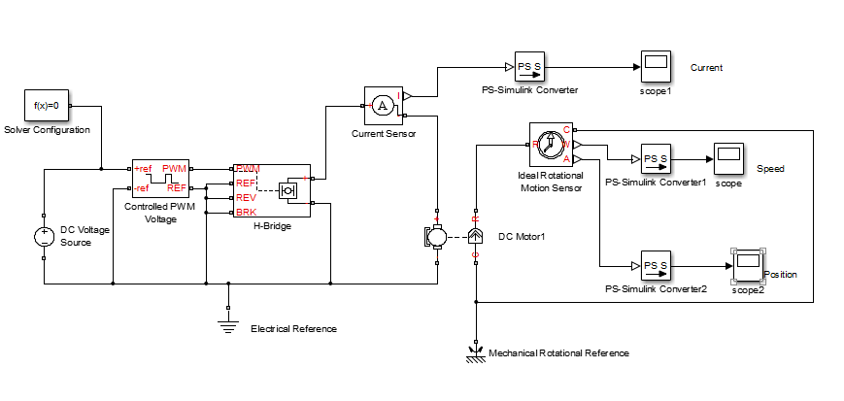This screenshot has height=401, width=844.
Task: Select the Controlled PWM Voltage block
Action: coord(159,179)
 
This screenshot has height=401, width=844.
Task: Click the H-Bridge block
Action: coord(271,189)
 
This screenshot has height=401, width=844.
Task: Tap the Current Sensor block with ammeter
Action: coord(383,105)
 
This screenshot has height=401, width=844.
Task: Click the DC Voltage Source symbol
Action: coord(44,235)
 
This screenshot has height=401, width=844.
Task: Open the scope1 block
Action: coord(656,67)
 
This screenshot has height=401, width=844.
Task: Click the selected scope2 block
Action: coord(747,264)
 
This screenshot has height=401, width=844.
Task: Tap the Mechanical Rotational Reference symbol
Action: coord(476,351)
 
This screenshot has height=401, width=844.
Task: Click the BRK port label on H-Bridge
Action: coord(247,211)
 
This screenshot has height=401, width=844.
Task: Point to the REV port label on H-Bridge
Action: coord(247,197)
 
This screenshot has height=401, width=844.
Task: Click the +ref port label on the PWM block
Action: coord(143,169)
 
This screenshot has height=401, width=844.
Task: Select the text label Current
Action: coord(706,68)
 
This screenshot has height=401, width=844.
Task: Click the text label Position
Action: coord(781,275)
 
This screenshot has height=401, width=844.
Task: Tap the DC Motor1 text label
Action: coord(522,236)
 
